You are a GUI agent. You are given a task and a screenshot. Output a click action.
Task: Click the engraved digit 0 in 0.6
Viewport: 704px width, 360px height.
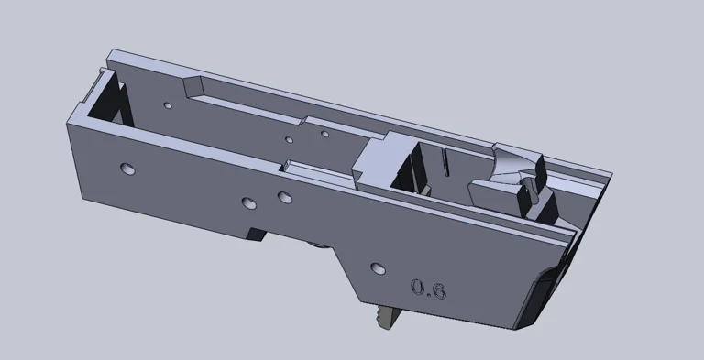click(x=418, y=288)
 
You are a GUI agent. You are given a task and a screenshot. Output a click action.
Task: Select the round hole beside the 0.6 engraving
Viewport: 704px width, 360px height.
click(x=376, y=268)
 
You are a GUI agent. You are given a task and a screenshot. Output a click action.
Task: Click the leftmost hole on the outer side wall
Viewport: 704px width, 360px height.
click(x=126, y=169)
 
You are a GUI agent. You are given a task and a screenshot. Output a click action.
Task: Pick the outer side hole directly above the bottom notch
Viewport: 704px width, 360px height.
click(x=247, y=202)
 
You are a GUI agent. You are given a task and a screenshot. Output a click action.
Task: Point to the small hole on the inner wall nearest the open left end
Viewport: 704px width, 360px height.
click(x=167, y=105)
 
